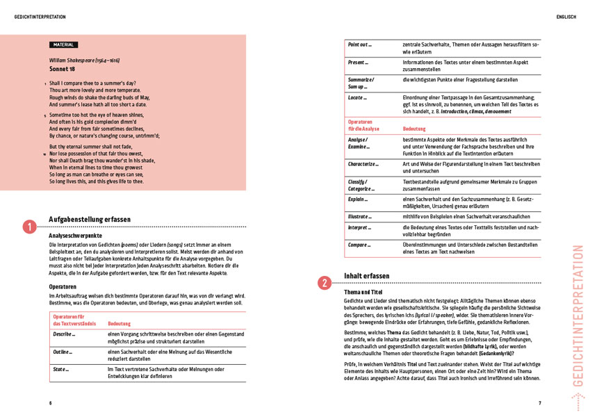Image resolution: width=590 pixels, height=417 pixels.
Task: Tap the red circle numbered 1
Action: (x=30, y=227)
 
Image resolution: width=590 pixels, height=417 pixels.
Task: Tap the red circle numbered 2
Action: (x=325, y=283)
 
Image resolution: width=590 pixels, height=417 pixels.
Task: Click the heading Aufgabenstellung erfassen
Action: (x=90, y=219)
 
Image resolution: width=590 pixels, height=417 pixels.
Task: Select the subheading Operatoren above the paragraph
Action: (x=63, y=286)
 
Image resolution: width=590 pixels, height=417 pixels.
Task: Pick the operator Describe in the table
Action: (x=64, y=334)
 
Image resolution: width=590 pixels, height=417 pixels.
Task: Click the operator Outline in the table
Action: (x=63, y=352)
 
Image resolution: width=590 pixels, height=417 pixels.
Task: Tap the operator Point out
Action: (x=360, y=44)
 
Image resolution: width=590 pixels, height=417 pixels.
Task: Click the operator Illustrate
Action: (x=360, y=216)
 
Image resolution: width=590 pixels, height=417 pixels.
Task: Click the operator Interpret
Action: (x=359, y=227)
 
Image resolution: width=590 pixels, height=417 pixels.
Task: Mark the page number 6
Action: (x=50, y=403)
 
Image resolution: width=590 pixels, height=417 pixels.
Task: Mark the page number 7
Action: (x=539, y=403)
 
